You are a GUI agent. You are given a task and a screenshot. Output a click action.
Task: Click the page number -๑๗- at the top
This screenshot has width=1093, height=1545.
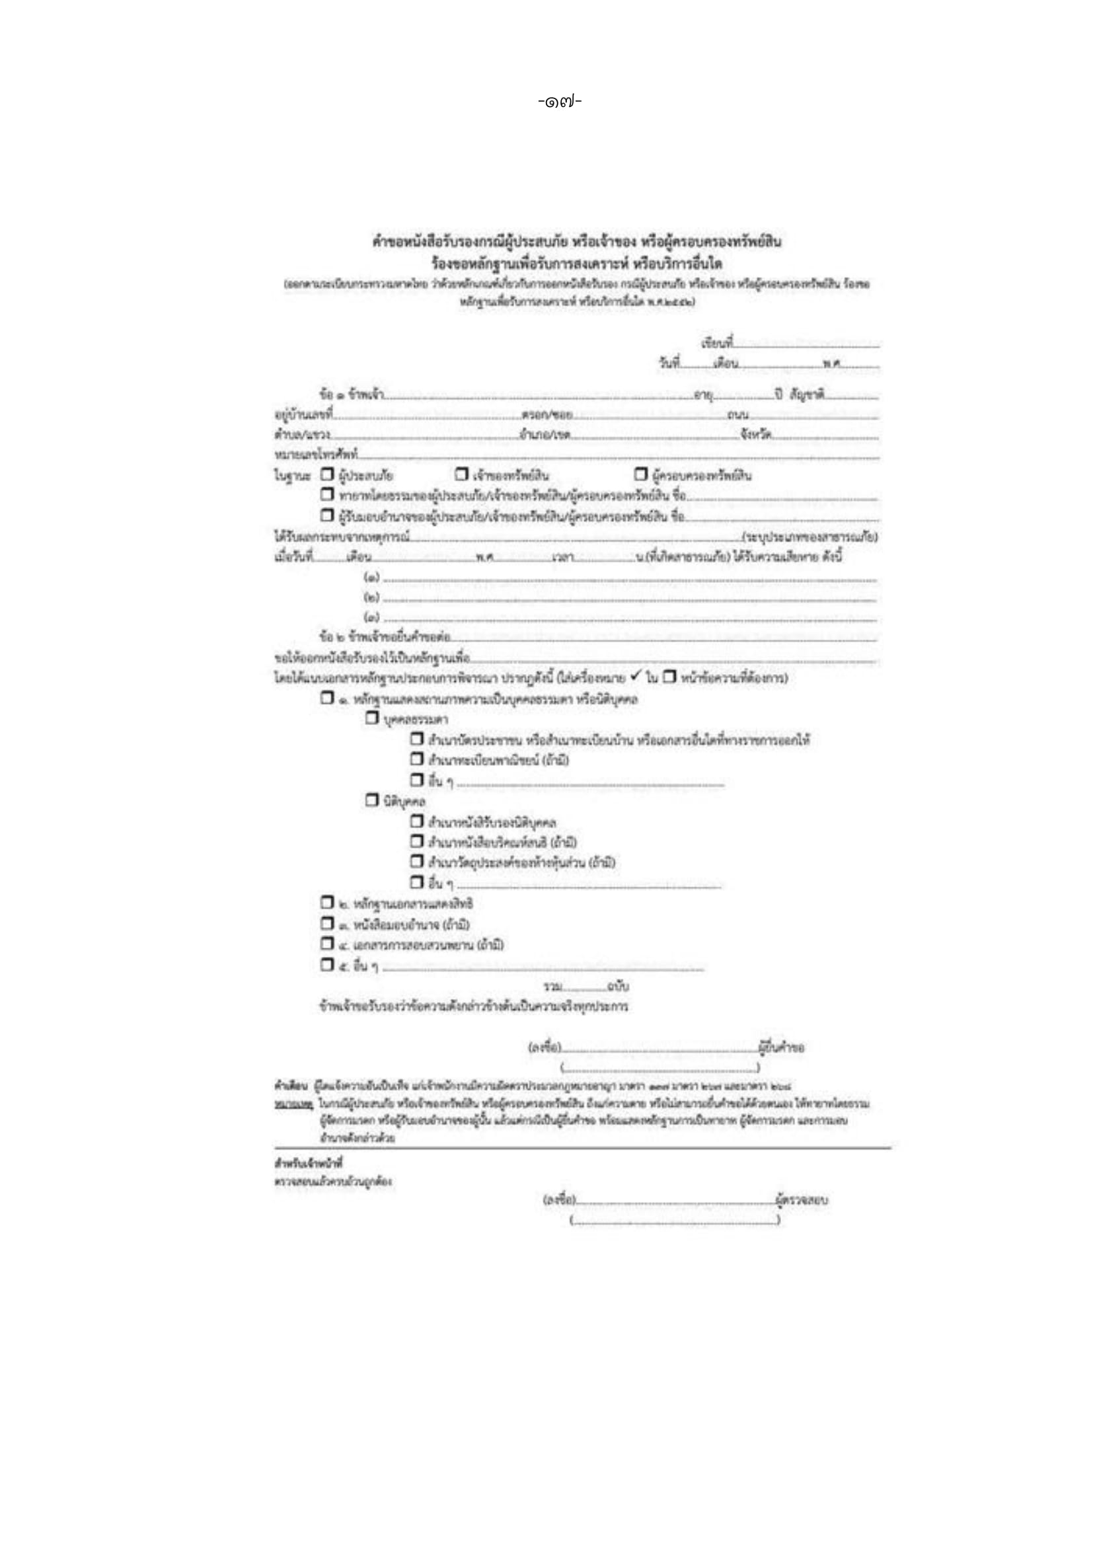[559, 102]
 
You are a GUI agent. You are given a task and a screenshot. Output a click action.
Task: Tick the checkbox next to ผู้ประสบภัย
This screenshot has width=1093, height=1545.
[327, 475]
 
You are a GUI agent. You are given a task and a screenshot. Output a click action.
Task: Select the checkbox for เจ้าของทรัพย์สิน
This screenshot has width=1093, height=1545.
[461, 475]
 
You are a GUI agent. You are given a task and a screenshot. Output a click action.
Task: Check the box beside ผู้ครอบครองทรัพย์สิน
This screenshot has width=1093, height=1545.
[641, 475]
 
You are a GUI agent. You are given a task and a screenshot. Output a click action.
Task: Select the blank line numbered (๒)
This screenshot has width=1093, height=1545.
[629, 598]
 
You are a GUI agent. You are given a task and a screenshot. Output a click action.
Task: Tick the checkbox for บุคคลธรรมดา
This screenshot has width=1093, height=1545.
[372, 719]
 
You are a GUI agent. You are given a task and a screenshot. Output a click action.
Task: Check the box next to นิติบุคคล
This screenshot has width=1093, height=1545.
[372, 801]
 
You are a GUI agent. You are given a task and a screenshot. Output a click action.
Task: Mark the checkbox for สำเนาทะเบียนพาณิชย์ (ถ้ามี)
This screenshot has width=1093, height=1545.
[417, 760]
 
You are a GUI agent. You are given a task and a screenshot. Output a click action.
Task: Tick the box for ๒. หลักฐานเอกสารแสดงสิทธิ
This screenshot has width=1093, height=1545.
[327, 903]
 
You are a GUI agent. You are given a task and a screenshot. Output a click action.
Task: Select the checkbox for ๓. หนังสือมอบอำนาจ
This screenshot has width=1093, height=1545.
[327, 923]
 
